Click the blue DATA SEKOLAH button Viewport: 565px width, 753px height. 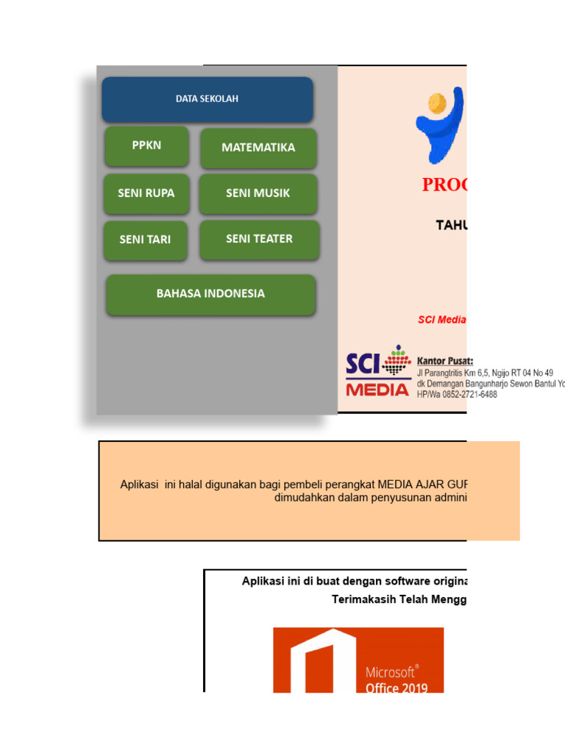coord(207,99)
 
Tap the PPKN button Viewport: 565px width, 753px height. coord(146,146)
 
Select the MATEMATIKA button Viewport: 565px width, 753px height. coord(258,148)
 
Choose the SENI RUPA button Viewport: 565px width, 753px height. coord(146,193)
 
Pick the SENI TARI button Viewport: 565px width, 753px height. coord(145,240)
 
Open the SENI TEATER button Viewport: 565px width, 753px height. coord(259,239)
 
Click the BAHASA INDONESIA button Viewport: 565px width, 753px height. coord(210,294)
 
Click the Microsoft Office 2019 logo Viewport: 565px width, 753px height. coord(358,660)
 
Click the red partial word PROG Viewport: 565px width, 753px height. coord(444,185)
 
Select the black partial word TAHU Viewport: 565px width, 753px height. coord(451,225)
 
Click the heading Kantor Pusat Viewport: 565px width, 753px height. coord(445,361)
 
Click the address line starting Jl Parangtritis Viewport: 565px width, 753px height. coord(485,373)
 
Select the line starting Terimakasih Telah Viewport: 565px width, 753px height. coord(399,599)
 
